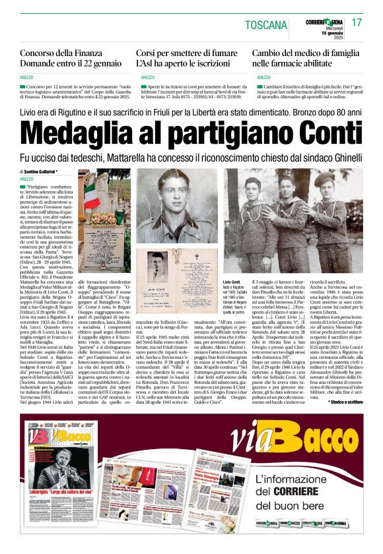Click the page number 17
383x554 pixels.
357,22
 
